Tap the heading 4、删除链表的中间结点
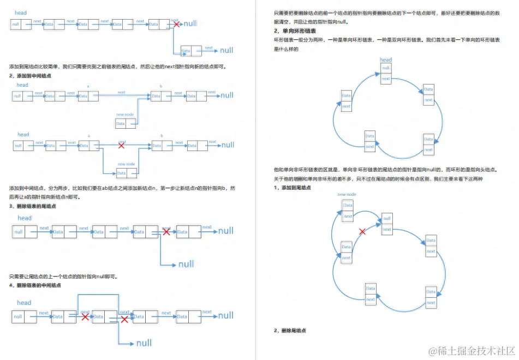pos(35,285)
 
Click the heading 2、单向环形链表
pos(295,31)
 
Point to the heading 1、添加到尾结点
pos(293,188)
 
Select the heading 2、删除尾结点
pos(290,331)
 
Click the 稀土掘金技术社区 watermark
pos(469,350)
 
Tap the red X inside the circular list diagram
pos(362,232)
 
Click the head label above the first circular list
pos(386,60)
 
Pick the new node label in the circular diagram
pos(347,194)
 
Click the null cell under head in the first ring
pos(386,68)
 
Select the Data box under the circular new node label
pos(348,205)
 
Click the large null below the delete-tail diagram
pos(186,265)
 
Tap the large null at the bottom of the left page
pos(144,343)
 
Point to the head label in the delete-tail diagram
pos(25,218)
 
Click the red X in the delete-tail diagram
pos(166,232)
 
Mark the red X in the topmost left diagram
pos(176,24)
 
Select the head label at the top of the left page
pos(21,13)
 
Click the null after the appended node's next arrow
pos(226,51)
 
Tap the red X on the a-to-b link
pos(121,146)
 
